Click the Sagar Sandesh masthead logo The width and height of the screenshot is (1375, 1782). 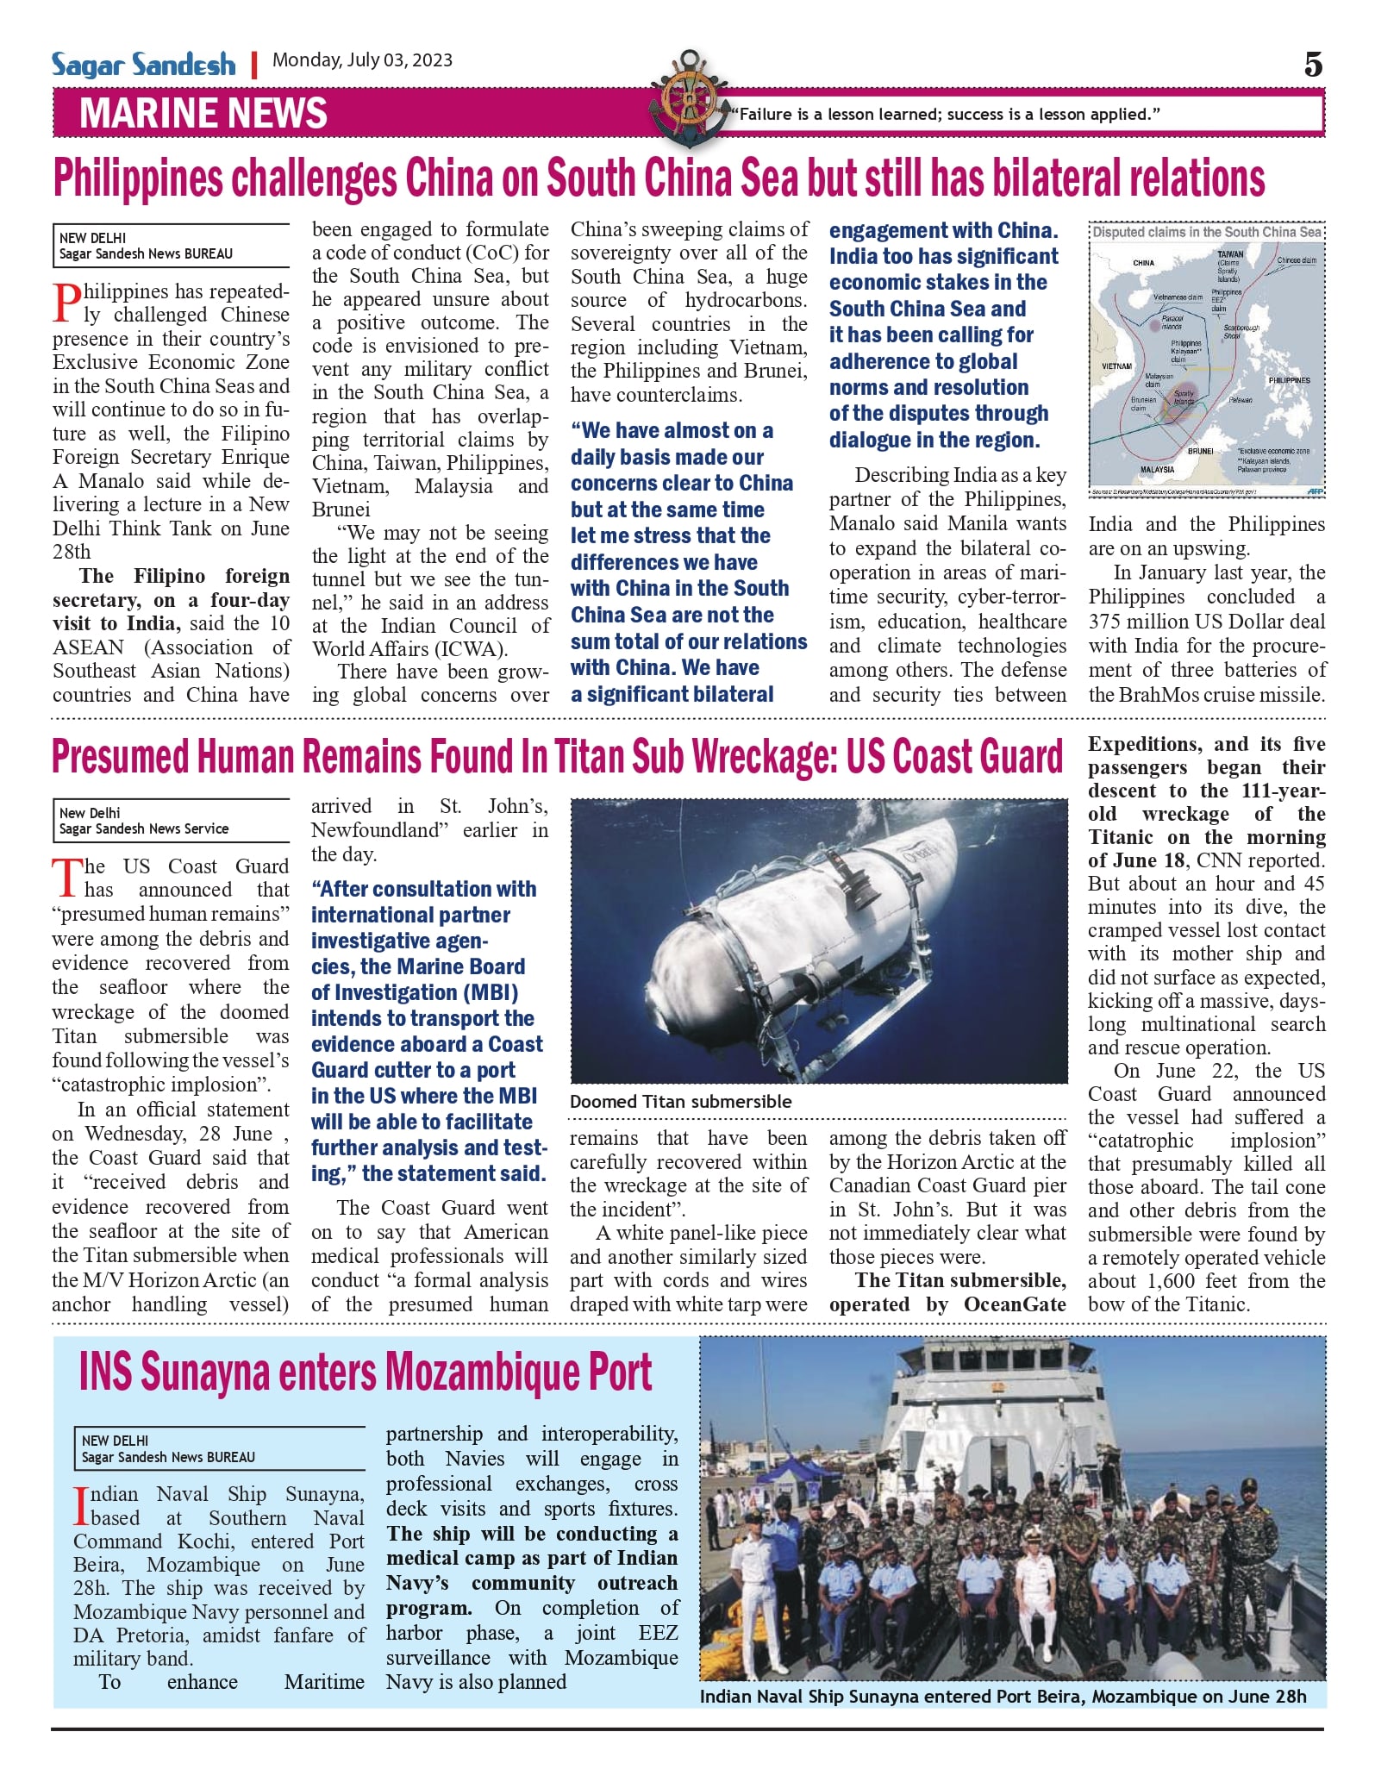pyautogui.click(x=143, y=65)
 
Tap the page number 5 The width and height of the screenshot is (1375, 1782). pyautogui.click(x=1312, y=65)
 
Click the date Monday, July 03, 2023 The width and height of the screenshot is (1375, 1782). pyautogui.click(x=362, y=60)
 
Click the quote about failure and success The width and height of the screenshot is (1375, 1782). pyautogui.click(x=945, y=114)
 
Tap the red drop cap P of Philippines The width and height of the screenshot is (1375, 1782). pyautogui.click(x=66, y=304)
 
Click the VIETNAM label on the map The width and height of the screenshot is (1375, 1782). pyautogui.click(x=1116, y=366)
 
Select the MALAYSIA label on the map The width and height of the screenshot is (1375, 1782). pyautogui.click(x=1157, y=470)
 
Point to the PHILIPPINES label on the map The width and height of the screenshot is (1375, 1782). pyautogui.click(x=1289, y=380)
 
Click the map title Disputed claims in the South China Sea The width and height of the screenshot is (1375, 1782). pyautogui.click(x=1206, y=232)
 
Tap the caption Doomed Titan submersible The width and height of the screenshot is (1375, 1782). pyautogui.click(x=680, y=1102)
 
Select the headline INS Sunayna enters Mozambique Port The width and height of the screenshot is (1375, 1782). pyautogui.click(x=366, y=1372)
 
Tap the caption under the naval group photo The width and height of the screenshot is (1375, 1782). pyautogui.click(x=1003, y=1697)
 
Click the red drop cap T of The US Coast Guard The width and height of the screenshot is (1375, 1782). pyautogui.click(x=66, y=878)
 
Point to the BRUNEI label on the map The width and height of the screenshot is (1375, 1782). pyautogui.click(x=1200, y=451)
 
